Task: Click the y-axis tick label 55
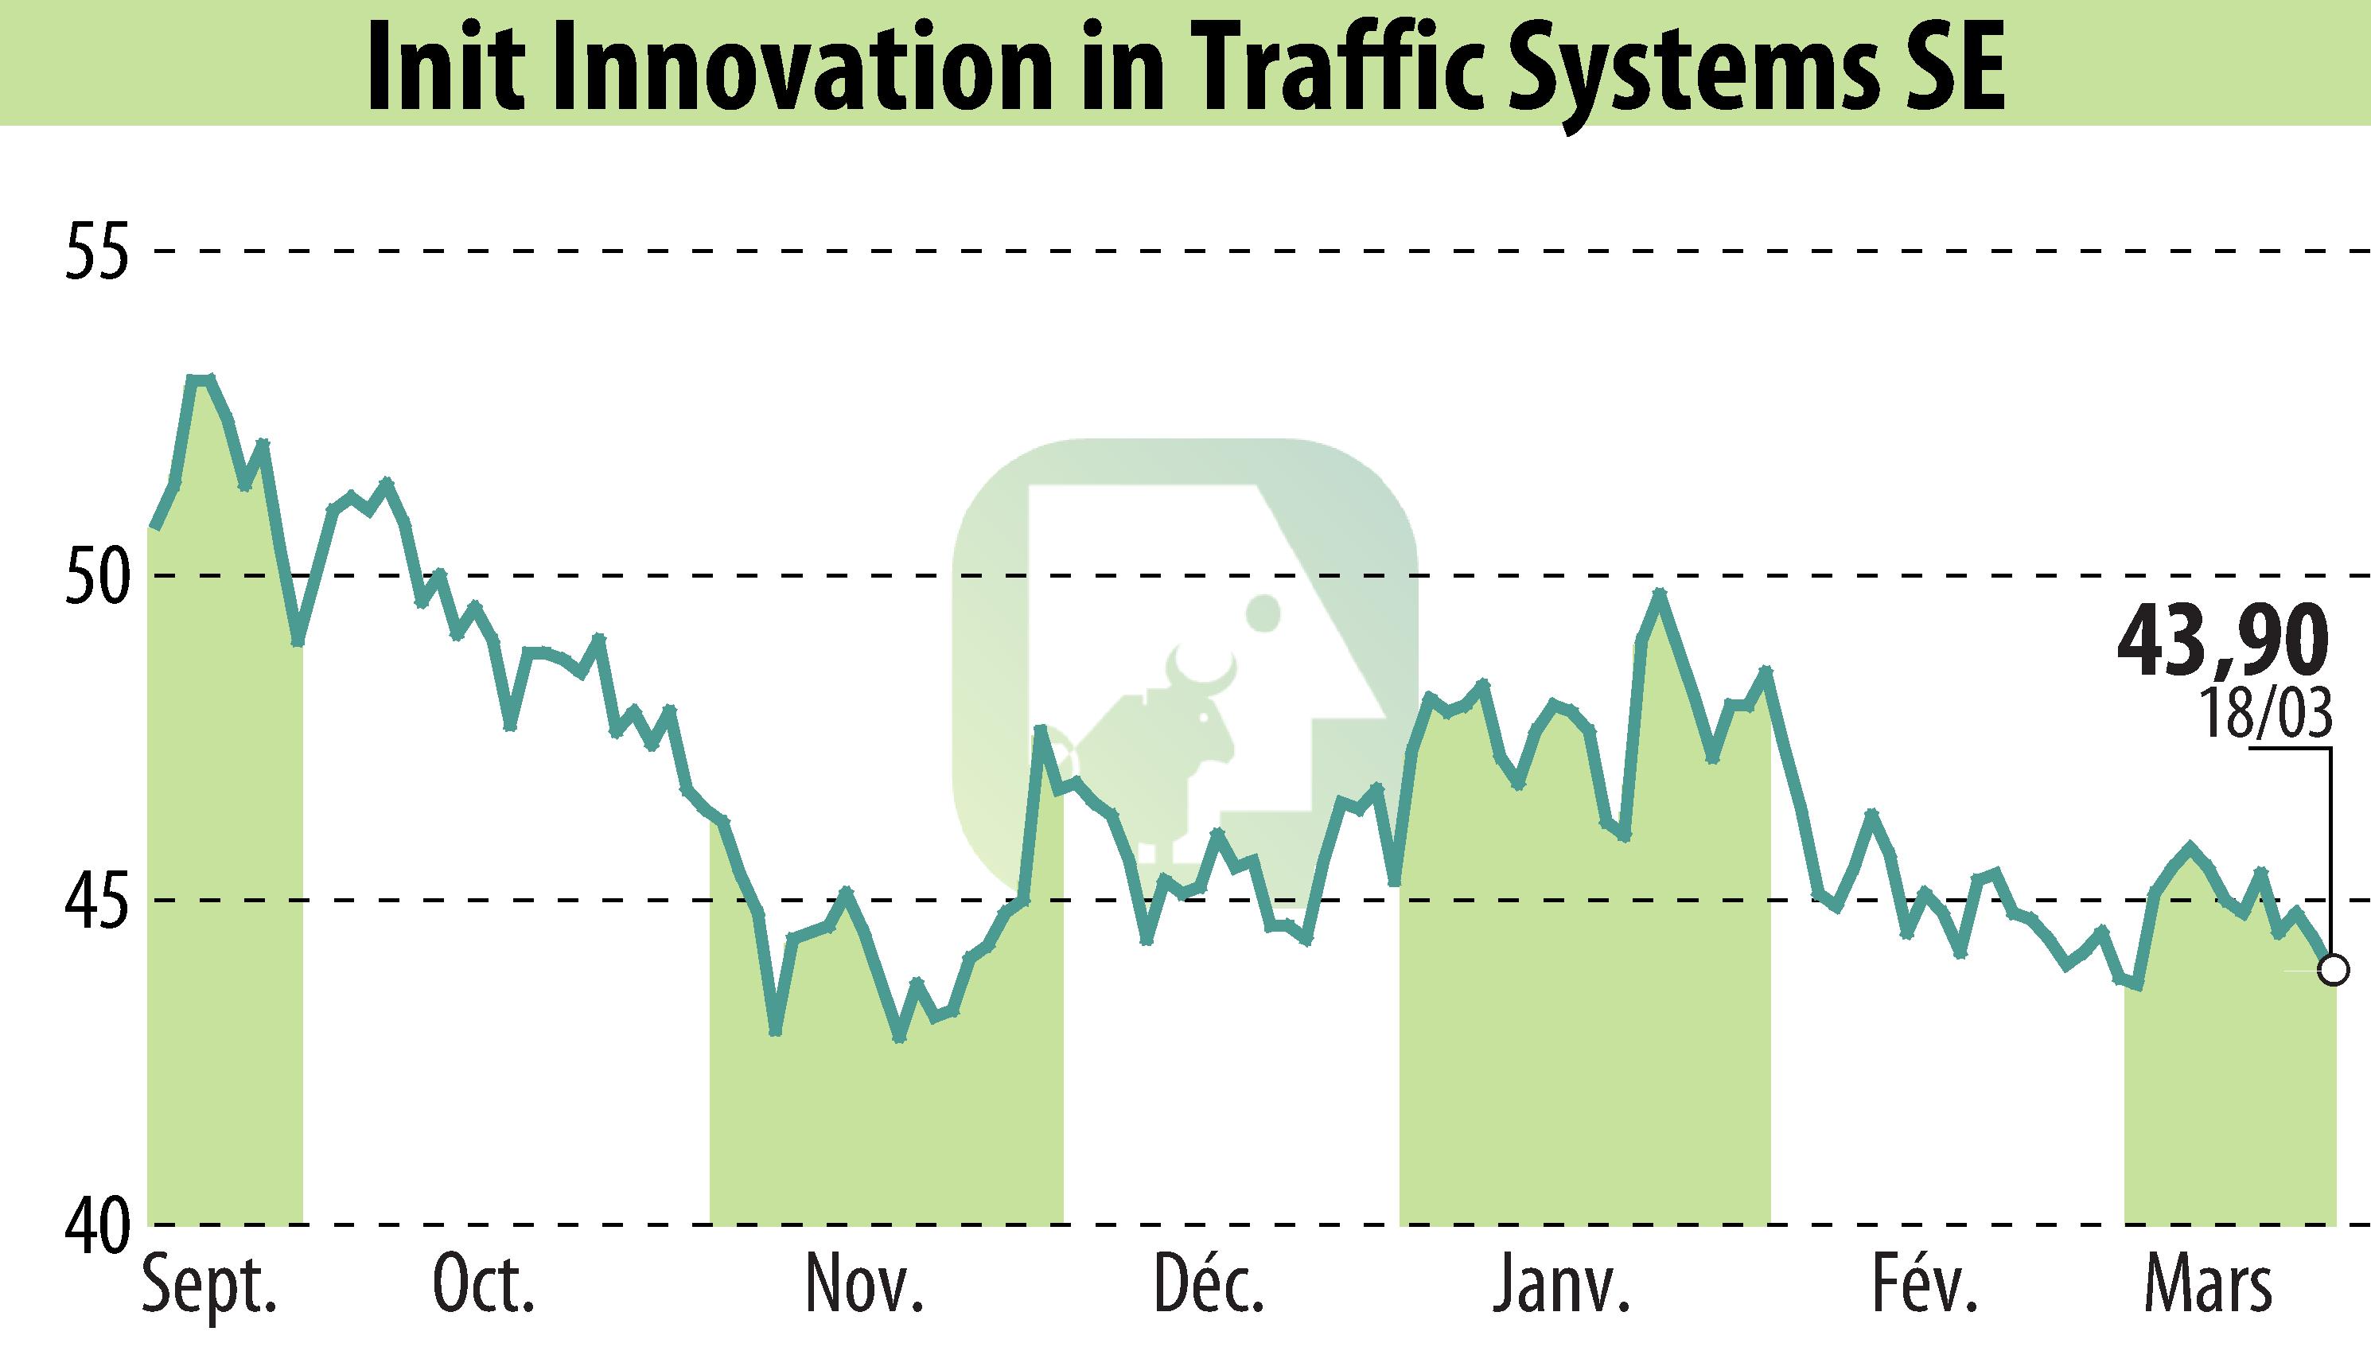[95, 251]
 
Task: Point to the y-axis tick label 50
[95, 575]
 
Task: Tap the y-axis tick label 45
[95, 900]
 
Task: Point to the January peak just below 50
[1660, 594]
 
